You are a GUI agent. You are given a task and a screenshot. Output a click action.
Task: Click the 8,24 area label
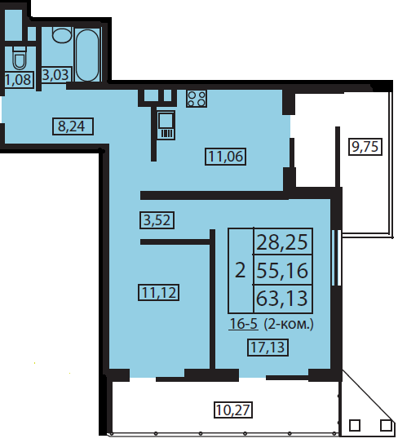pyautogui.click(x=73, y=126)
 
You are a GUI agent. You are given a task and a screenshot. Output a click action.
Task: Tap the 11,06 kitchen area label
pyautogui.click(x=225, y=157)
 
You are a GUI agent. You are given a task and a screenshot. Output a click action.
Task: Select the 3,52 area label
pyautogui.click(x=157, y=220)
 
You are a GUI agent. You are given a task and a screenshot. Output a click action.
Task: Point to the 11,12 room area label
pyautogui.click(x=159, y=292)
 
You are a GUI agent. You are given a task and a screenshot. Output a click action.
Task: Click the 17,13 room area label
pyautogui.click(x=268, y=348)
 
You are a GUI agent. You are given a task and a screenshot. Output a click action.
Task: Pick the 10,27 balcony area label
pyautogui.click(x=233, y=410)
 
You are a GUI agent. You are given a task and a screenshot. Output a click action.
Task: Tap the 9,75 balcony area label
pyautogui.click(x=365, y=147)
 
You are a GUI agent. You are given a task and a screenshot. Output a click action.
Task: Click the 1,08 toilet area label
pyautogui.click(x=20, y=80)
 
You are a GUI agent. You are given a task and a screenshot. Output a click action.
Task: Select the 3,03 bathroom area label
pyautogui.click(x=56, y=75)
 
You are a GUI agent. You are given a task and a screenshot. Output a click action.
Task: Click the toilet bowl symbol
pyautogui.click(x=20, y=58)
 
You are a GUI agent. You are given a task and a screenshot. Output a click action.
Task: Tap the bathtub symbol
pyautogui.click(x=87, y=55)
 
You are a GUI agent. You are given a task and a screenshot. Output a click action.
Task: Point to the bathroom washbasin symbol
pyautogui.click(x=62, y=35)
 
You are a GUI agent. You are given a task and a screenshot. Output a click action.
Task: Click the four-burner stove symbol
pyautogui.click(x=197, y=99)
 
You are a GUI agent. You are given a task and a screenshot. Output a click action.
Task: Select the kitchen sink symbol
pyautogui.click(x=166, y=125)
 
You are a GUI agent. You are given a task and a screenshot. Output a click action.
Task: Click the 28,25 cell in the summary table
pyautogui.click(x=283, y=241)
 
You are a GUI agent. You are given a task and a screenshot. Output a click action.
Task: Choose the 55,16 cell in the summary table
pyautogui.click(x=283, y=270)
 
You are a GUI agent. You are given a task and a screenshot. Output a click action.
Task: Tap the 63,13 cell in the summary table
pyautogui.click(x=283, y=299)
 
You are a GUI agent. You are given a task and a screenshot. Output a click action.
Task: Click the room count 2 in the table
pyautogui.click(x=241, y=270)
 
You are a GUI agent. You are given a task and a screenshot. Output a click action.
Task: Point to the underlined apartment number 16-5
pyautogui.click(x=244, y=324)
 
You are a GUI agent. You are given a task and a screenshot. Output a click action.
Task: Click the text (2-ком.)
pyautogui.click(x=289, y=325)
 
